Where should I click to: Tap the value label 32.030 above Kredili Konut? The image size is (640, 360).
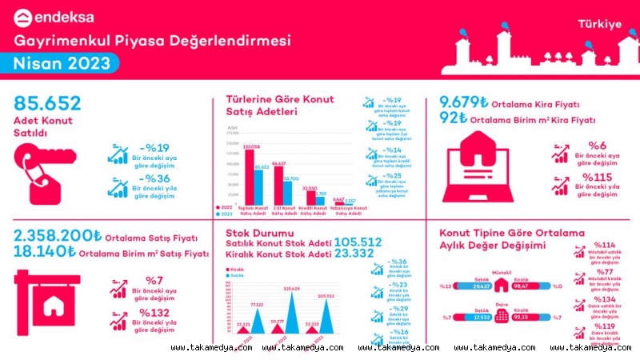pyautogui.click(x=309, y=189)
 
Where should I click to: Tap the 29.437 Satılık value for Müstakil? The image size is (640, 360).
pyautogui.click(x=481, y=286)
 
